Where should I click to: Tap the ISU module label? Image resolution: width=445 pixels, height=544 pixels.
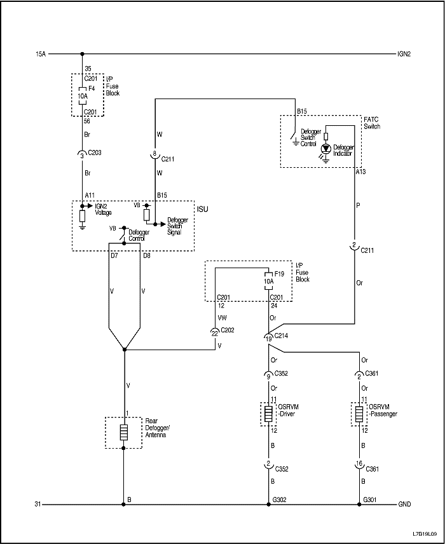202,208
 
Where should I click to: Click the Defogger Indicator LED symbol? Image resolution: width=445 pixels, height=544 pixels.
326,148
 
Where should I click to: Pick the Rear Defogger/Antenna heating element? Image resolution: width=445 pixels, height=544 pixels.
124,433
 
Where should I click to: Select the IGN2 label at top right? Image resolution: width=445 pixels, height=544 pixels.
404,54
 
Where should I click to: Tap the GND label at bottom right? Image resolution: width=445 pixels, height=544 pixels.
404,505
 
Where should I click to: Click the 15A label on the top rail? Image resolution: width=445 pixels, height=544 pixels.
41,54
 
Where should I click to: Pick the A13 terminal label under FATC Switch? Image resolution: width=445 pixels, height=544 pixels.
361,172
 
